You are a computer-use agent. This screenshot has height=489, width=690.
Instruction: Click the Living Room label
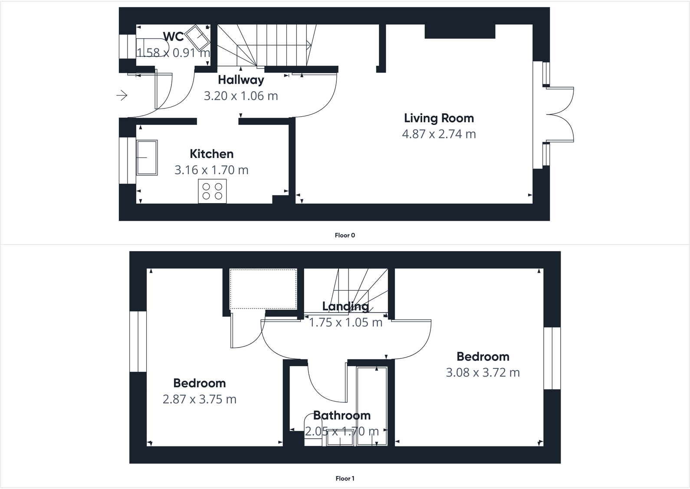pos(439,118)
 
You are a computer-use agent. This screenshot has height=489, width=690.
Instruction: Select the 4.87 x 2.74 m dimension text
pos(439,134)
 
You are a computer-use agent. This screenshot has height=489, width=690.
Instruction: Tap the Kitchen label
pos(211,154)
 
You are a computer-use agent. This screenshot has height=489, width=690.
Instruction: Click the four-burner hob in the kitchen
pos(212,191)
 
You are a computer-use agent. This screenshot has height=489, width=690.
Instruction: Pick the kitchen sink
pos(147,157)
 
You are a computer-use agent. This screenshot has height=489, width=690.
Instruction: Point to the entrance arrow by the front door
pos(122,95)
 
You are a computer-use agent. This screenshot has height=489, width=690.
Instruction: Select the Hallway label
pos(241,80)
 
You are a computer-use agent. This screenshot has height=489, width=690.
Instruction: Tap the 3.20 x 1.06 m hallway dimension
pos(241,96)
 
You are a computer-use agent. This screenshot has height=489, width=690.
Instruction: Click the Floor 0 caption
pos(345,235)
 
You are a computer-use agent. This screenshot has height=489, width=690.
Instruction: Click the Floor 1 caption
pos(345,479)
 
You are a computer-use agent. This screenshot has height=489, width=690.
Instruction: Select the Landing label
pos(345,306)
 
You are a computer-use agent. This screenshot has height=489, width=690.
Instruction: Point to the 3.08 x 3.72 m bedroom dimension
pos(483,373)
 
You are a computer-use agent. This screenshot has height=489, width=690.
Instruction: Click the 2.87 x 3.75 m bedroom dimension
pos(199,399)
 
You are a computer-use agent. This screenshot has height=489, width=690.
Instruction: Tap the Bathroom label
pos(342,415)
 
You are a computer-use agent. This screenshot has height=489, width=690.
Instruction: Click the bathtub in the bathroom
pos(371,406)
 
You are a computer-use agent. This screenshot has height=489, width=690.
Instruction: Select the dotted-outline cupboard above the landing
pos(263,289)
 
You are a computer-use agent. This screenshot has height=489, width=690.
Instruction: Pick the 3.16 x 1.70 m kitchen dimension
pos(211,170)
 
